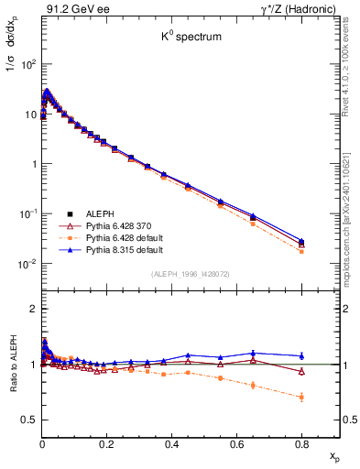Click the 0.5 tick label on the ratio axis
click(x=27, y=420)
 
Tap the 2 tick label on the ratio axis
click(x=31, y=309)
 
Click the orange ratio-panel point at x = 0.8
click(x=301, y=397)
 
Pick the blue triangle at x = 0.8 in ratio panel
click(x=301, y=355)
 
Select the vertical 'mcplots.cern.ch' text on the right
click(x=351, y=202)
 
